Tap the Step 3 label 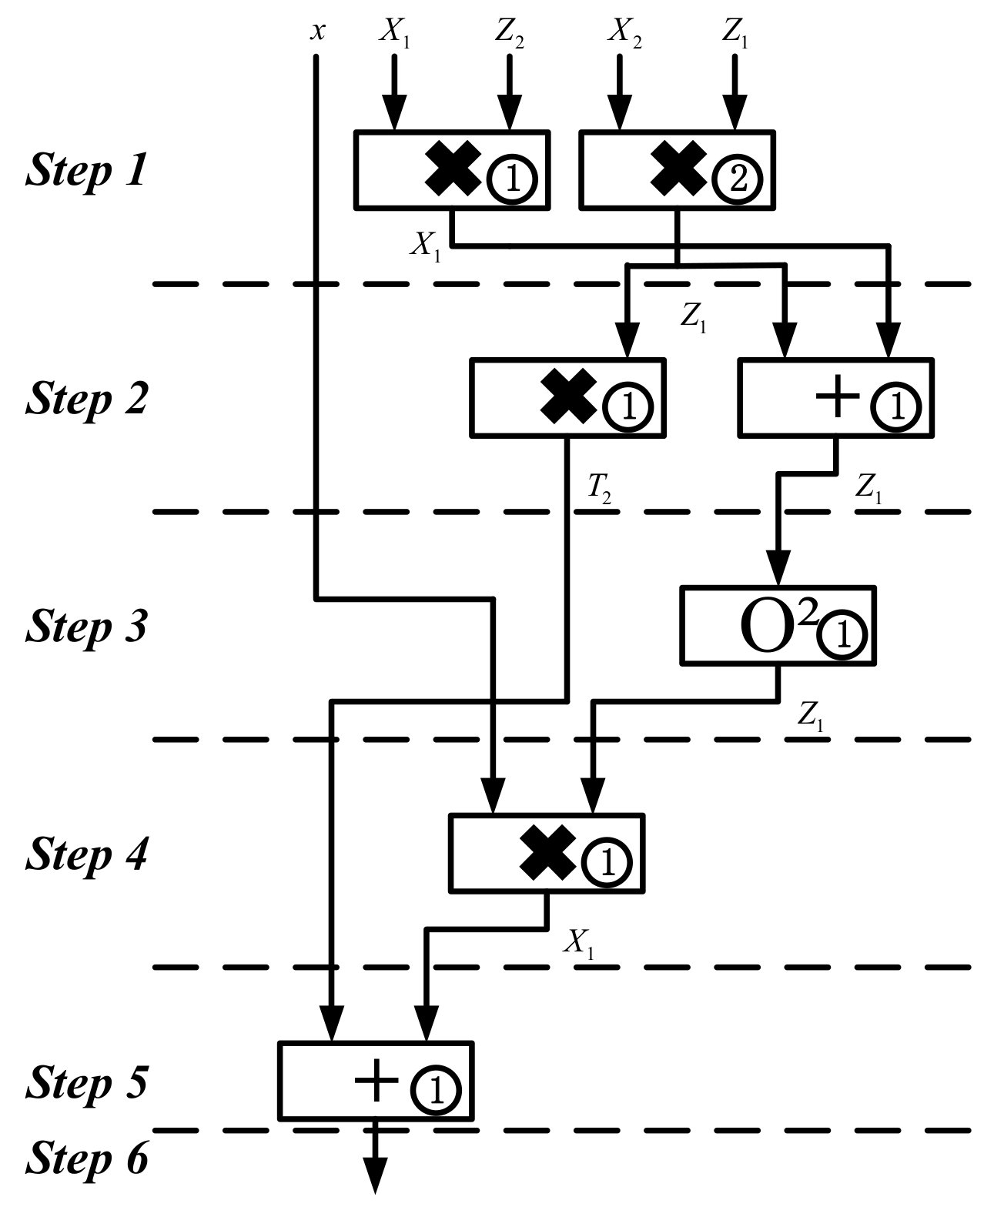pos(86,627)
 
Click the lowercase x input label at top pos(317,32)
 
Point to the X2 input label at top pos(625,32)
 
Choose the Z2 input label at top pos(510,32)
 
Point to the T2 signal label pos(600,488)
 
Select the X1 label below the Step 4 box pos(579,943)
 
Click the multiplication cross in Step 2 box pos(569,396)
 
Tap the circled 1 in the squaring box pos(842,636)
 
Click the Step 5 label pos(86,1082)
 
